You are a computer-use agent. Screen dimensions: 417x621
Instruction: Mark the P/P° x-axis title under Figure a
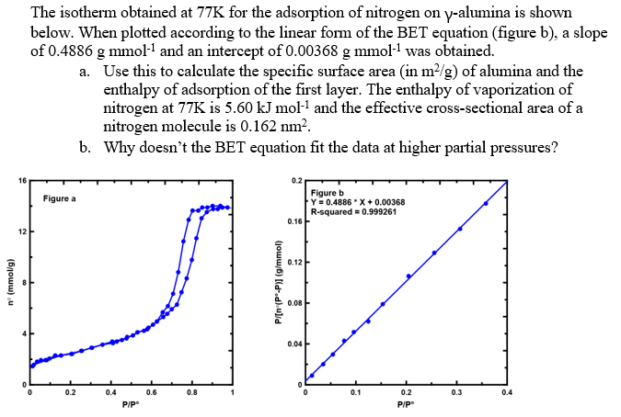(x=131, y=405)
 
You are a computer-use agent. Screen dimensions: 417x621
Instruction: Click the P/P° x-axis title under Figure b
(x=406, y=405)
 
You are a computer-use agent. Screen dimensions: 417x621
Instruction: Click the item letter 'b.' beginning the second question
(x=86, y=147)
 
